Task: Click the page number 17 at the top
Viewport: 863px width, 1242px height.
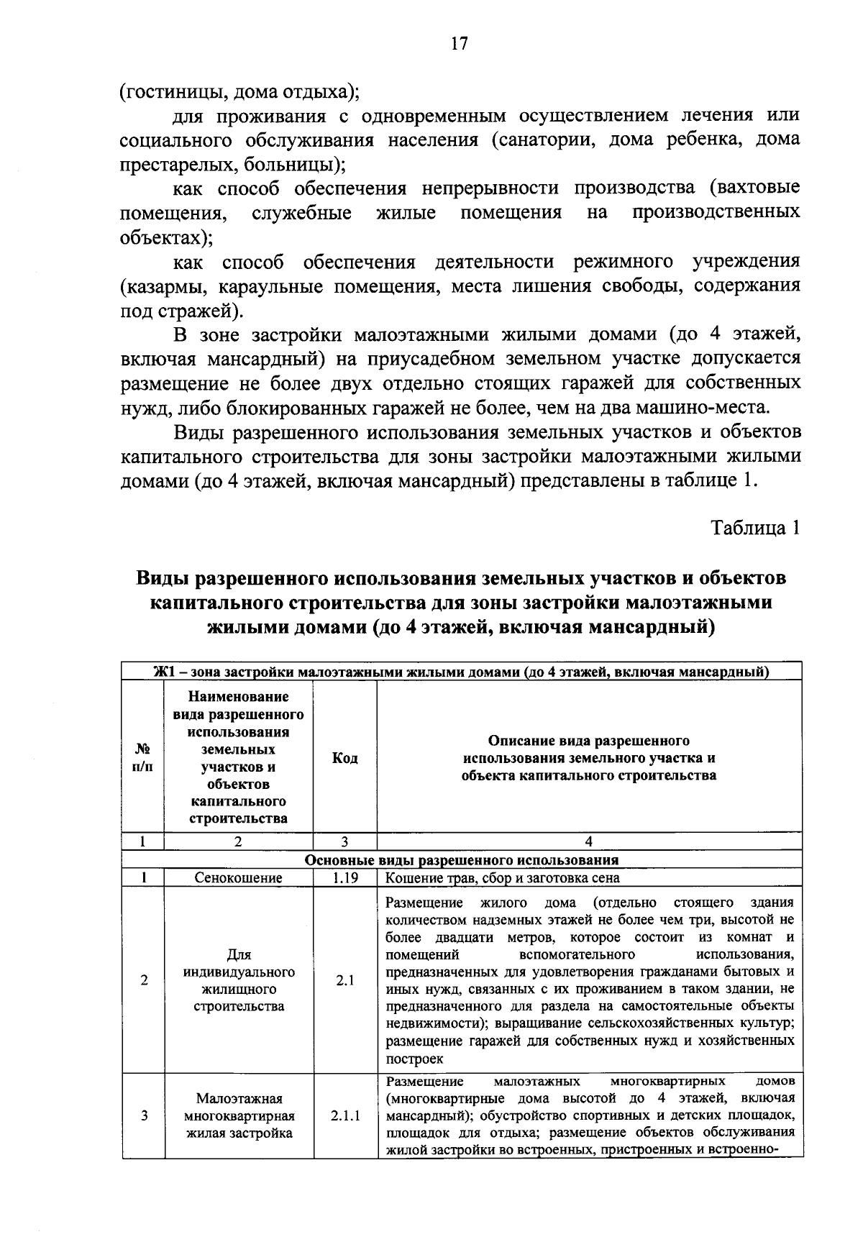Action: (459, 43)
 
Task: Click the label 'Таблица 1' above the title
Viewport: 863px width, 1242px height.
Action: (755, 528)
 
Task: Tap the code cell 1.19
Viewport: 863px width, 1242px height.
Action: (344, 878)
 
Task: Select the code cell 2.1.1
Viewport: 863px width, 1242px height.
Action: (344, 1116)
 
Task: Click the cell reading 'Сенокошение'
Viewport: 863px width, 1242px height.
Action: (239, 878)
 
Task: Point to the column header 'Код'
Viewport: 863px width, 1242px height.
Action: (344, 758)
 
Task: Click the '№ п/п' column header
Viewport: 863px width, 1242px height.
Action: (143, 758)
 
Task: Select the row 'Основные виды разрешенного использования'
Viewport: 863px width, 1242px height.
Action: (462, 860)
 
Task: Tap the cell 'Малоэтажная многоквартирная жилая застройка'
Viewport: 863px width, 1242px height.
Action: (239, 1116)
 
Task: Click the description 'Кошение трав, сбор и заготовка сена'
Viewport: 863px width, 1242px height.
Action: (503, 878)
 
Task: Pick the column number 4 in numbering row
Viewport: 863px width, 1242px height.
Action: (588, 841)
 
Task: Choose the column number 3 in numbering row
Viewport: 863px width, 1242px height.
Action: (344, 841)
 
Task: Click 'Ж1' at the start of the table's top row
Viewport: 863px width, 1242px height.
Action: (165, 672)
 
